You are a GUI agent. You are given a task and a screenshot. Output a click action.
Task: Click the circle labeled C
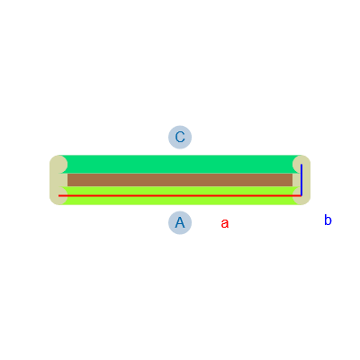click(180, 137)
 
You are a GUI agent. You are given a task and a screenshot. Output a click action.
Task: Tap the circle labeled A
click(180, 223)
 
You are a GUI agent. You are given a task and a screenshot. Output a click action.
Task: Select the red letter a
click(225, 223)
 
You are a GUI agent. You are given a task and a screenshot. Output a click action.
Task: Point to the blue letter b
click(328, 220)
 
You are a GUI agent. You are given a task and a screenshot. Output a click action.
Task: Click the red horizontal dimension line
click(180, 195)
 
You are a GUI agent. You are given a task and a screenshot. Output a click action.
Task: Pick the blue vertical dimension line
click(301, 180)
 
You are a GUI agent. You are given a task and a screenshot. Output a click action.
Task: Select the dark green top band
click(180, 164)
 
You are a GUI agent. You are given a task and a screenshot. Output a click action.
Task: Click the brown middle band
click(180, 180)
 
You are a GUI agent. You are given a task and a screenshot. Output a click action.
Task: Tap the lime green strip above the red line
click(180, 191)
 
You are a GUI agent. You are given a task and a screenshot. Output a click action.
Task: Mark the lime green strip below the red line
click(180, 201)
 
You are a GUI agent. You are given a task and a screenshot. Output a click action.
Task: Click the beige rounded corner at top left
click(57, 164)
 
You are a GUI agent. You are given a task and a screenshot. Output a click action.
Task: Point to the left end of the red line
click(58, 195)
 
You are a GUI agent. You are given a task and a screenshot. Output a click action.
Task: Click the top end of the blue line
click(301, 165)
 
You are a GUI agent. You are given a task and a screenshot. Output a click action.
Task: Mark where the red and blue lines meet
click(301, 195)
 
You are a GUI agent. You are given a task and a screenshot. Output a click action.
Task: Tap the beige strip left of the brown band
click(58, 180)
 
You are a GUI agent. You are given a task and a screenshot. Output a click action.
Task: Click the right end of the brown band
click(292, 180)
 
